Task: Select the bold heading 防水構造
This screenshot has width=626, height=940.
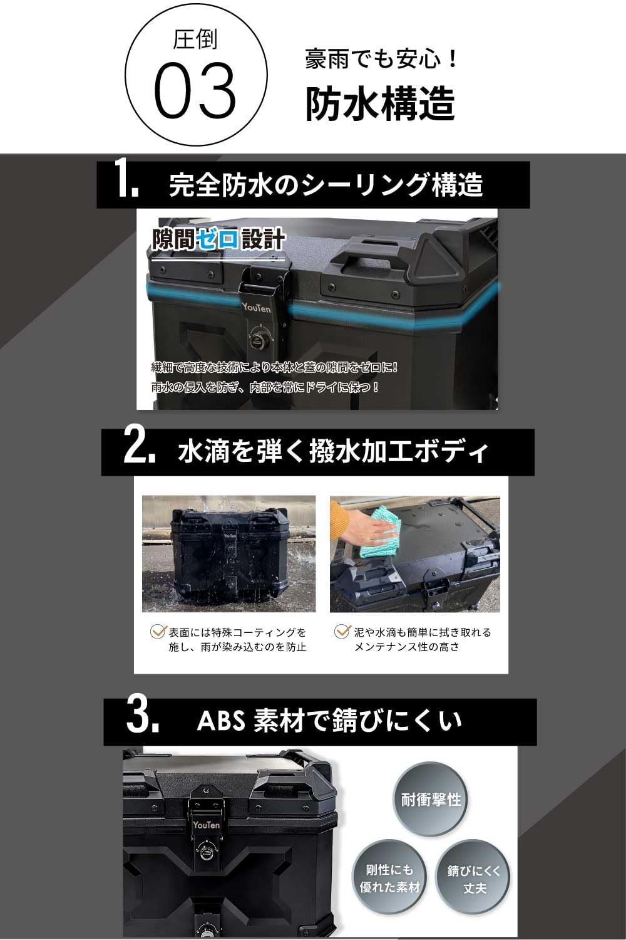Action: tap(379, 103)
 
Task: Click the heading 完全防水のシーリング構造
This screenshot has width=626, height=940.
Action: tap(326, 185)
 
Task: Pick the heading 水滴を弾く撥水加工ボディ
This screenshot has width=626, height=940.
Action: tap(332, 452)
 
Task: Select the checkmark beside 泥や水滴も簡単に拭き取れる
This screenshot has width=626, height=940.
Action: tap(342, 632)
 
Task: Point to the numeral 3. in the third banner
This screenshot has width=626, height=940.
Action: tap(142, 719)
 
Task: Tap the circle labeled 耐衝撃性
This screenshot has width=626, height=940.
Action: tap(431, 800)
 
